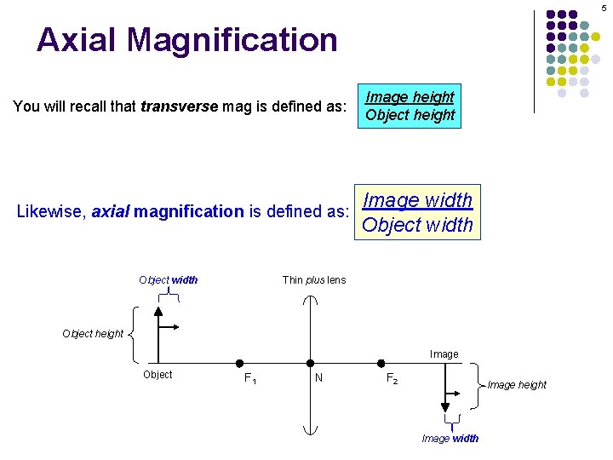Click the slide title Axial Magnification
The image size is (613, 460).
[x=186, y=40]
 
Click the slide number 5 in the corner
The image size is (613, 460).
[x=603, y=8]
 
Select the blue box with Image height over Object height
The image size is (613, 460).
[x=410, y=106]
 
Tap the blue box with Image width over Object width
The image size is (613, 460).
[x=417, y=212]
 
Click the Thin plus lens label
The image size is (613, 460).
[x=314, y=280]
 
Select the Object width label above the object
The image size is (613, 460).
[x=169, y=280]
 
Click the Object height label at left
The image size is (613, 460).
[x=93, y=333]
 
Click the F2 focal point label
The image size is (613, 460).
[x=392, y=378]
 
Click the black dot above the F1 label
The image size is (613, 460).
[x=240, y=363]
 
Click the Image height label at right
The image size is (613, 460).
[x=517, y=385]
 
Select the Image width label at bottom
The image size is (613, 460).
[x=450, y=439]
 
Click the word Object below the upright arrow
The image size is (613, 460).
[x=158, y=375]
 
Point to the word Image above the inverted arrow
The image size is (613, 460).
[x=444, y=354]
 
